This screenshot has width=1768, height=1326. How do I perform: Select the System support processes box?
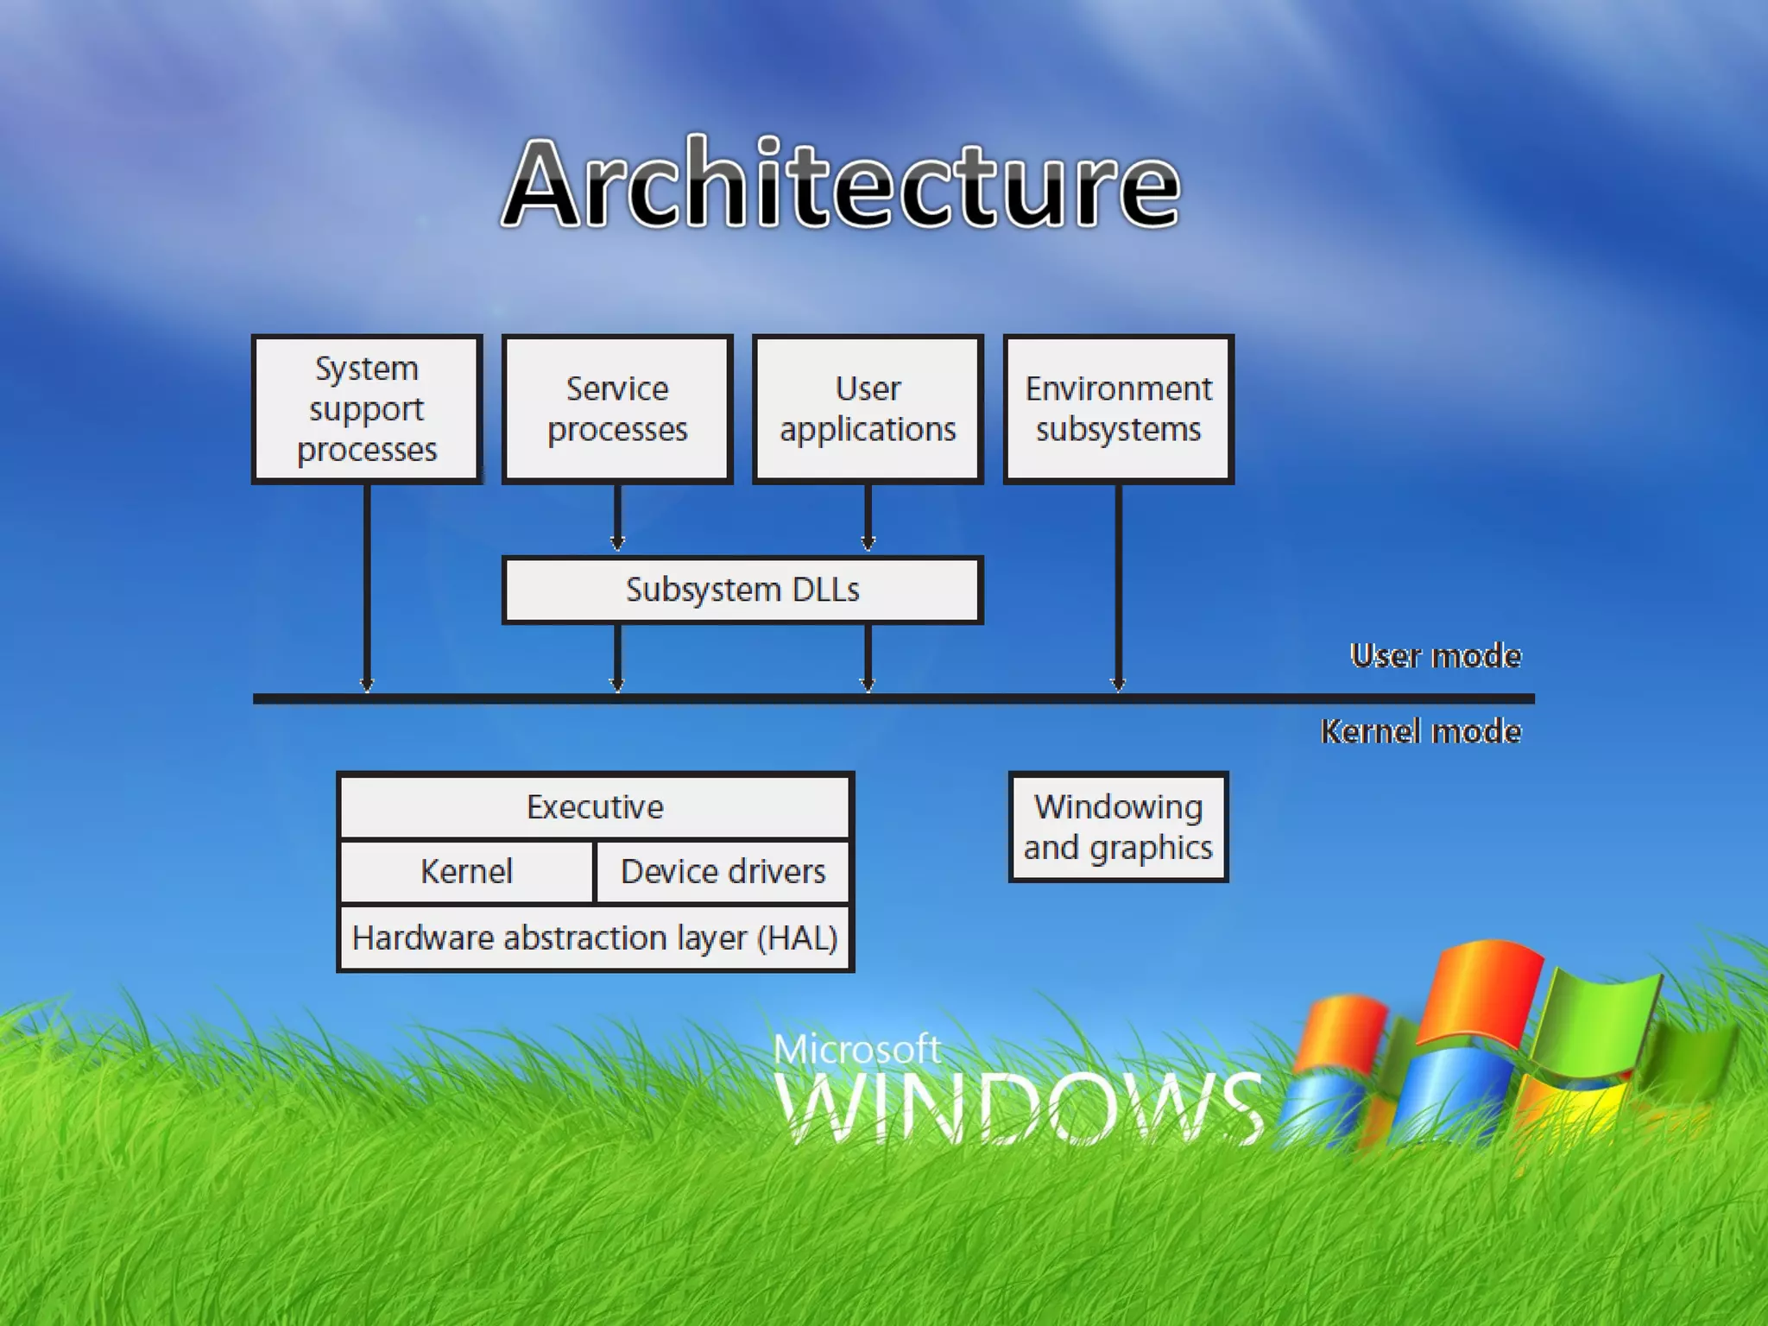click(367, 409)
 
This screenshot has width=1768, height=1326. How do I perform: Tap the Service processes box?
click(617, 409)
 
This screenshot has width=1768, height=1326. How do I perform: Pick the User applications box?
click(868, 409)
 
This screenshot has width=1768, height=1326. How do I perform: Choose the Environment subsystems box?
click(1119, 409)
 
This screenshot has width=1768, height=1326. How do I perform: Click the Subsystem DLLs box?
click(742, 590)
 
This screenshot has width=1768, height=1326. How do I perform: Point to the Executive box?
click(595, 807)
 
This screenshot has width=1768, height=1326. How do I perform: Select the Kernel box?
click(467, 871)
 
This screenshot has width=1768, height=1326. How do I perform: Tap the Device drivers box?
click(723, 871)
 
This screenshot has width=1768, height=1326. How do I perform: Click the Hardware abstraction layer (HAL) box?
click(595, 938)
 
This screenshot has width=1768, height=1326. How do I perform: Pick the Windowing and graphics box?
click(1118, 827)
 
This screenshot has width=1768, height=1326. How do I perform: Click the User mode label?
click(1436, 656)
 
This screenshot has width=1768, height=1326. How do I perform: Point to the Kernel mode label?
click(1421, 732)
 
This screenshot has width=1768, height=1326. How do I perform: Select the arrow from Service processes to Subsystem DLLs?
click(617, 518)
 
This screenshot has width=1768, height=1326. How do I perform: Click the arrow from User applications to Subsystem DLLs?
click(868, 518)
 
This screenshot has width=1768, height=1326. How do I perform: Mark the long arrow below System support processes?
click(367, 587)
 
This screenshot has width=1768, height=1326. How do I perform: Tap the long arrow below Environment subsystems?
click(1119, 587)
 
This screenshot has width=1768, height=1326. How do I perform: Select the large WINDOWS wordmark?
click(1019, 1108)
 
